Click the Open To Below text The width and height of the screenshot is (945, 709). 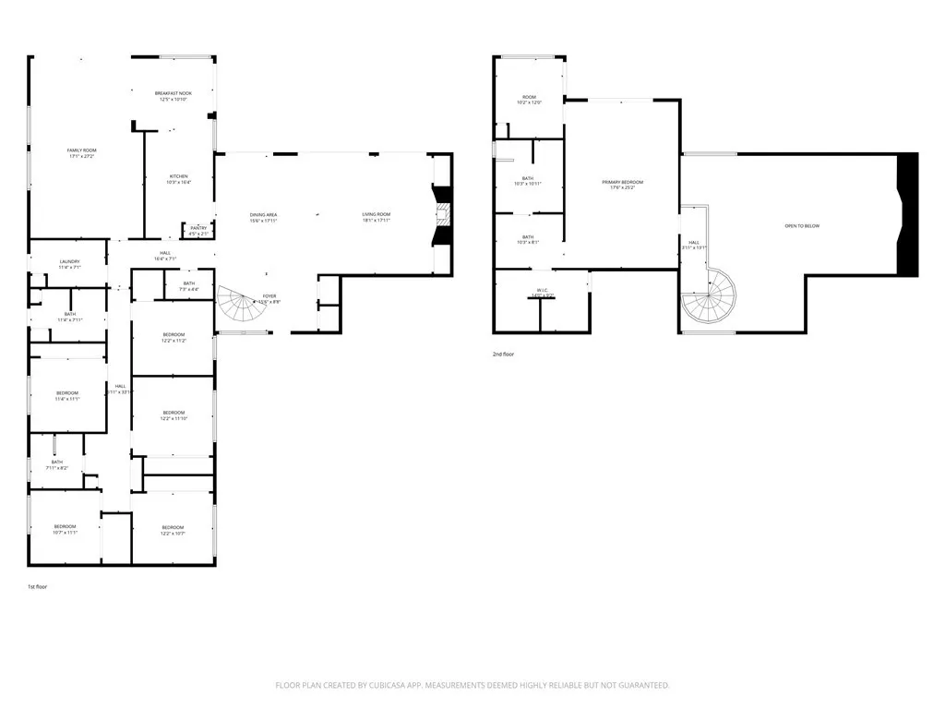[x=801, y=226]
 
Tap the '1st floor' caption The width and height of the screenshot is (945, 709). [x=37, y=586]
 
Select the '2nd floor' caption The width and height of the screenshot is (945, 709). [x=503, y=354]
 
